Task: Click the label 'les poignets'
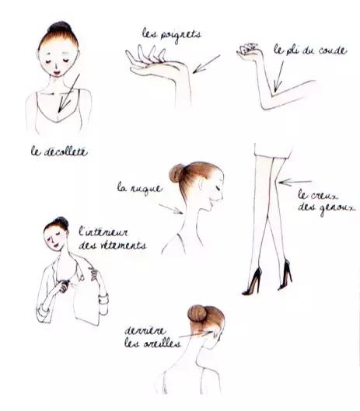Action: (172, 35)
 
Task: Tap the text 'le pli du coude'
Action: (310, 50)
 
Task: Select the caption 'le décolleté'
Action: (59, 152)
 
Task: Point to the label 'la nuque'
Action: (140, 188)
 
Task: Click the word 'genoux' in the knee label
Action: (337, 208)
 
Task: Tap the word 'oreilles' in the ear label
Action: (162, 343)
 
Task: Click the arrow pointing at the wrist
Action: (207, 64)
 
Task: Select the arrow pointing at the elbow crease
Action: (278, 76)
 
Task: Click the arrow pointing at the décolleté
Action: (68, 93)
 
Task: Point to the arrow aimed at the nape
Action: (170, 209)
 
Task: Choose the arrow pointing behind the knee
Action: (295, 182)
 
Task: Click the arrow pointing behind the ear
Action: (196, 334)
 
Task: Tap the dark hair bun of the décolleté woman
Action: (60, 26)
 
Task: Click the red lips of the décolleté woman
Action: (58, 71)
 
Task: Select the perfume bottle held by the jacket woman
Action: (65, 285)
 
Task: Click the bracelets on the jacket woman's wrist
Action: (103, 299)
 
